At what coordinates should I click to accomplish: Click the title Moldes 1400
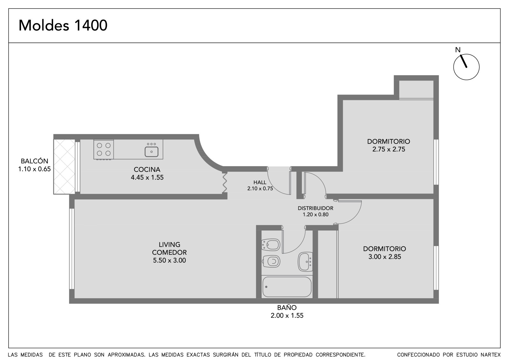63,25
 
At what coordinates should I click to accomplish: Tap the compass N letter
458,50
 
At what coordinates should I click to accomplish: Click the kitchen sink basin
151,152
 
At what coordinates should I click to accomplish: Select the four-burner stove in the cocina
104,149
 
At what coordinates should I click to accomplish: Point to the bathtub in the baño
287,287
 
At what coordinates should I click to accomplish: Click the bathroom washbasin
305,262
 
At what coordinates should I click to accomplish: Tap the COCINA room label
147,169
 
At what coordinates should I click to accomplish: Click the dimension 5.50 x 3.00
170,260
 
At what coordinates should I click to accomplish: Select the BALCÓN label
35,161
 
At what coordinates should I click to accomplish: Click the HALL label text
260,182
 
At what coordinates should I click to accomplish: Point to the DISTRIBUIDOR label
316,208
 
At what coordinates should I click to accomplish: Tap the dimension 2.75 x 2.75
389,149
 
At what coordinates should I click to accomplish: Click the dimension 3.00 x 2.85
385,257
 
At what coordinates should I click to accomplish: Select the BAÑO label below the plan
287,307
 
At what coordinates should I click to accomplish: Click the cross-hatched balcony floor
64,166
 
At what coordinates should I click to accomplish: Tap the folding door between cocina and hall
225,183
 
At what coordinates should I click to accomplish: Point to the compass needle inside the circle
464,61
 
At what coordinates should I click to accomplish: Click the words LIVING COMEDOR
170,248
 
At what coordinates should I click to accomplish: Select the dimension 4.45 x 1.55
147,177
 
